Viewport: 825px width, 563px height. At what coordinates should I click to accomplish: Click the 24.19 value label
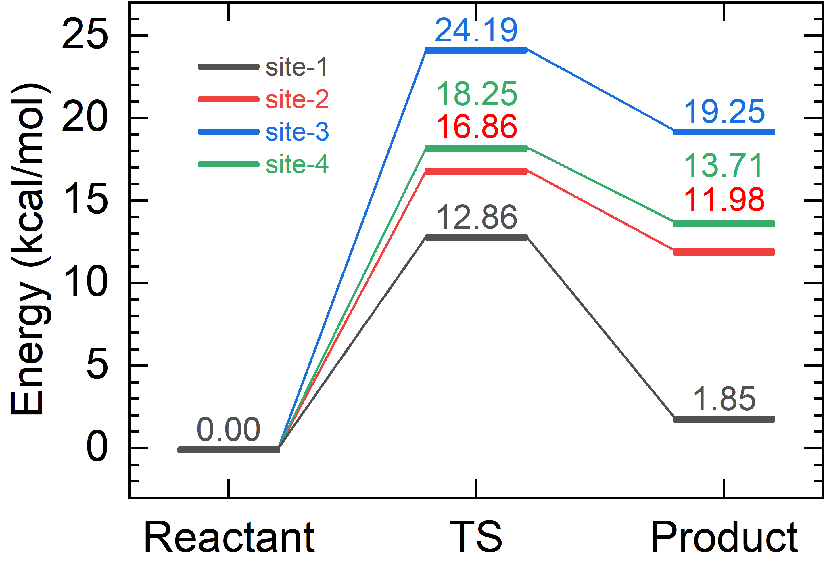(x=476, y=30)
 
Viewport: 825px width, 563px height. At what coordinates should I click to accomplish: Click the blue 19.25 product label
(x=724, y=112)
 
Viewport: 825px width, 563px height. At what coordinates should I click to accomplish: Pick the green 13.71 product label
(x=723, y=166)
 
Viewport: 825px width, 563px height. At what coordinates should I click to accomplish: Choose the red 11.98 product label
(x=724, y=200)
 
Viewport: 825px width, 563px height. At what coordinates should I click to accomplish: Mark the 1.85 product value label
(x=724, y=399)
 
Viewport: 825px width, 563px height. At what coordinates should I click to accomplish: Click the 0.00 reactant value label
(x=229, y=430)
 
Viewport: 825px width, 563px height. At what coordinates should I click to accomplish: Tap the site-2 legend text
(x=297, y=99)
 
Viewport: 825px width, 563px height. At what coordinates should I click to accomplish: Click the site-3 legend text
(x=297, y=132)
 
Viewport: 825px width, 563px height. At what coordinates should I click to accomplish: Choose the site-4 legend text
(x=297, y=165)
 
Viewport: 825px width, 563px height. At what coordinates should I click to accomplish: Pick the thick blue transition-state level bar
(x=476, y=50)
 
